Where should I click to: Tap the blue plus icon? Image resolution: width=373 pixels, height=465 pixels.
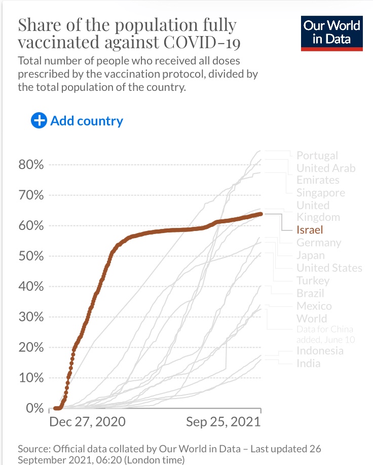click(39, 121)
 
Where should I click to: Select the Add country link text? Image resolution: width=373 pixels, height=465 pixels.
click(87, 121)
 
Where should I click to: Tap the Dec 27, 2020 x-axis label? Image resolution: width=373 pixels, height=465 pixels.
click(87, 422)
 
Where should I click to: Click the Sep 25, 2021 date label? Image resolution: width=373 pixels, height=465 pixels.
click(223, 422)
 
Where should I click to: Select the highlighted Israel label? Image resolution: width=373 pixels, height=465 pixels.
click(310, 230)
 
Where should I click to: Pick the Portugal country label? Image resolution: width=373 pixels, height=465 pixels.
click(317, 155)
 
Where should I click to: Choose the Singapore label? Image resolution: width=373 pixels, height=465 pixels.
click(320, 193)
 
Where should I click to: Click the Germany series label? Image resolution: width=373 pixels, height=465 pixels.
click(319, 243)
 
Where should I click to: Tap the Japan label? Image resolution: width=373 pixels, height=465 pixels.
click(311, 255)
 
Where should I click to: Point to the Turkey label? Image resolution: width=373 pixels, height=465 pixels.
click(313, 281)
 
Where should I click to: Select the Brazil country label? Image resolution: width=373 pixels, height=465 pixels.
click(310, 293)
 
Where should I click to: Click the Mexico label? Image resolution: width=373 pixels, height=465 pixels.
click(314, 306)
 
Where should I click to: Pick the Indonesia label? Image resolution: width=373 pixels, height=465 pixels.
click(320, 351)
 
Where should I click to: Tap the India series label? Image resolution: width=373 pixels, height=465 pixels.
click(308, 363)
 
